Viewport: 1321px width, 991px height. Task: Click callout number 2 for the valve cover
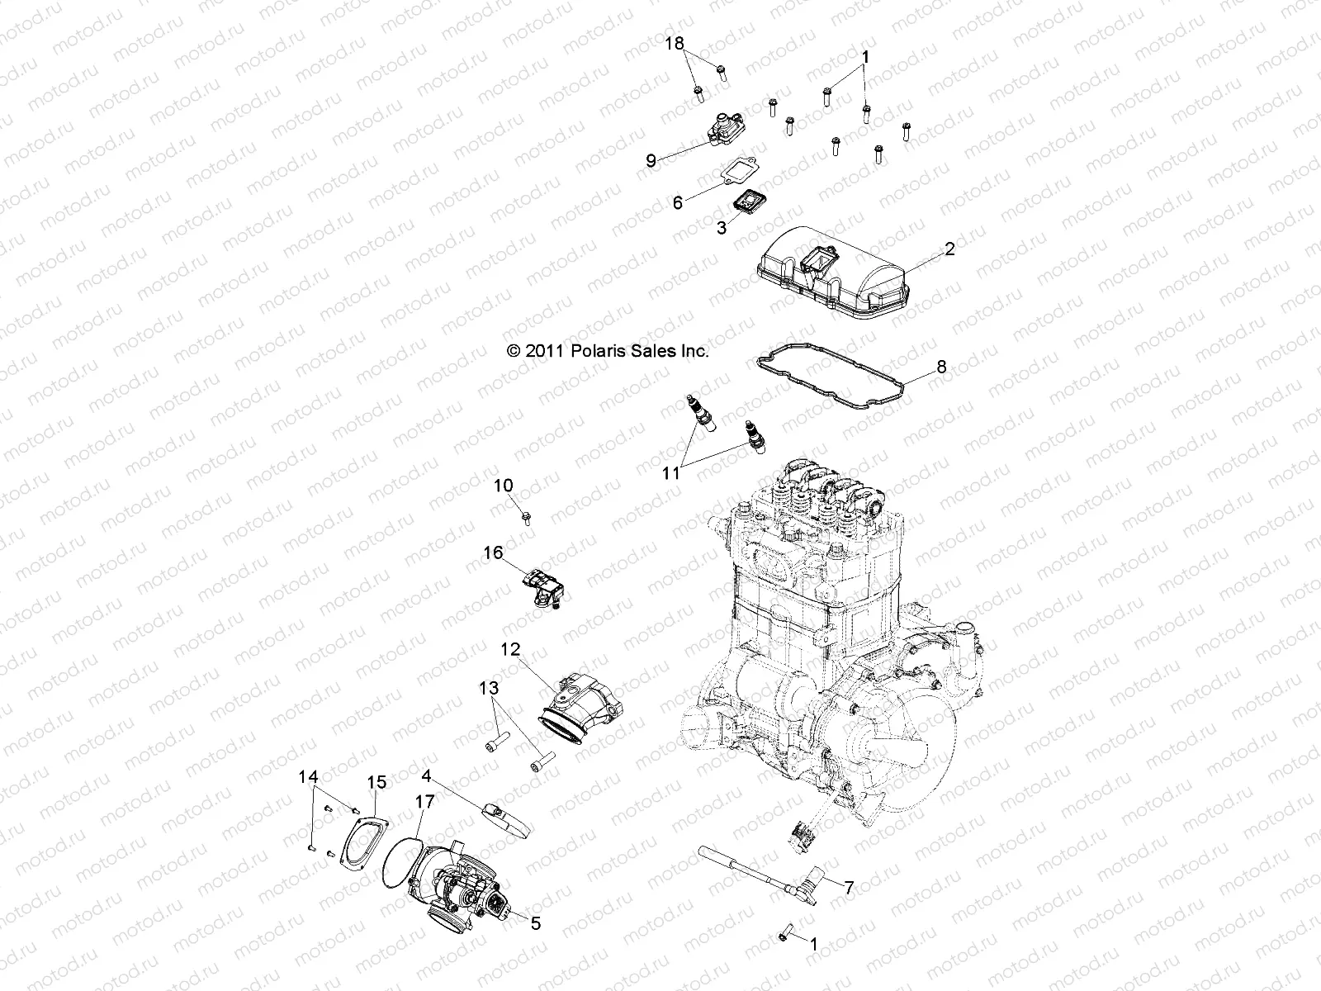tap(950, 249)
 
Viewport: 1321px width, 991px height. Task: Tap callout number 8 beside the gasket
tap(942, 367)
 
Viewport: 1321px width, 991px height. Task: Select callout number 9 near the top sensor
tap(651, 161)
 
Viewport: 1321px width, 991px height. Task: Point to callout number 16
tap(493, 553)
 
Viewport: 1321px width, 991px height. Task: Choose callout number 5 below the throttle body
tap(536, 924)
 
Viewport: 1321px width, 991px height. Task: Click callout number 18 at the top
tap(675, 44)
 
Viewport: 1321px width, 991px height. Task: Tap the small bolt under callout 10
tap(527, 518)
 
